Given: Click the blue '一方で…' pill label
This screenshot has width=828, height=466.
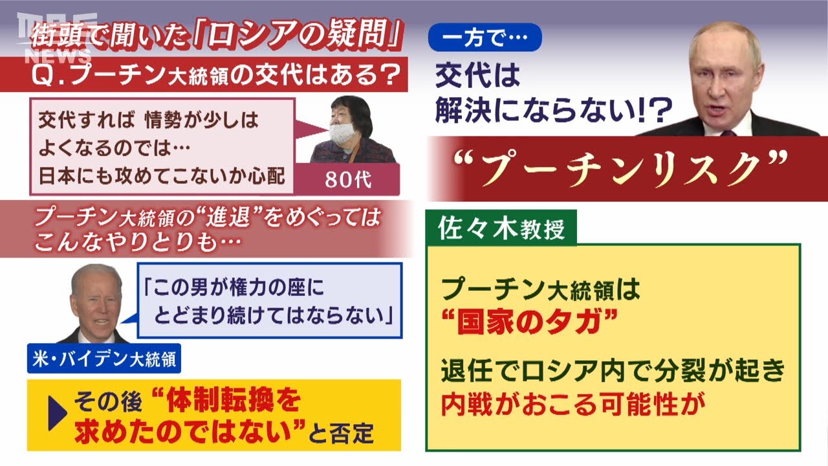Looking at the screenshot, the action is (x=485, y=37).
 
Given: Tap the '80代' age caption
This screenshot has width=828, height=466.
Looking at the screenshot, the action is (x=348, y=180).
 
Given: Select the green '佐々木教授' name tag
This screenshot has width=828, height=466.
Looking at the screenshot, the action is (x=501, y=228).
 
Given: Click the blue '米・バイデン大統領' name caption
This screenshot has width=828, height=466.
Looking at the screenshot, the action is (x=104, y=359).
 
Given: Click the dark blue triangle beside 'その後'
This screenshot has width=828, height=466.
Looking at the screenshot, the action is (x=58, y=413).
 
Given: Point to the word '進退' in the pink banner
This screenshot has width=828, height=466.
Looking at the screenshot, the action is (x=228, y=216).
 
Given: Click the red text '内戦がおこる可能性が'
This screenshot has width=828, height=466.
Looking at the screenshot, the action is (x=573, y=405).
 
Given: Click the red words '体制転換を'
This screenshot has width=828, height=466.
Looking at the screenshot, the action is (x=234, y=401).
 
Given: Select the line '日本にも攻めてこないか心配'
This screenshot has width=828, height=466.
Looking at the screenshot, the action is (x=162, y=175).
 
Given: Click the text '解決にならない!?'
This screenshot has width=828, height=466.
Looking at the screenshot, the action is (x=553, y=110).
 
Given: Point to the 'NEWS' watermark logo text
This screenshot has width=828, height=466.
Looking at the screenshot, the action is (x=58, y=56).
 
